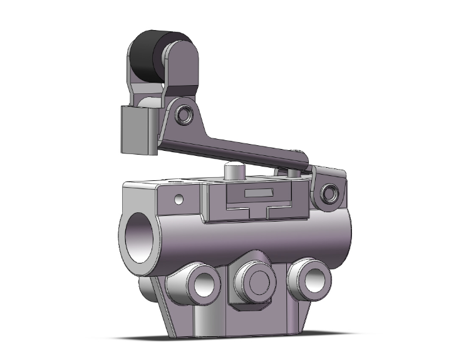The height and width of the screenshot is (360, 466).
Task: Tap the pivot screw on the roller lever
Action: point(185,115)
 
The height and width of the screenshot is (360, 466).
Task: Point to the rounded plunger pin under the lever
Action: point(232,170)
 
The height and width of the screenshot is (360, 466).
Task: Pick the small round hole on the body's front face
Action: point(180,200)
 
